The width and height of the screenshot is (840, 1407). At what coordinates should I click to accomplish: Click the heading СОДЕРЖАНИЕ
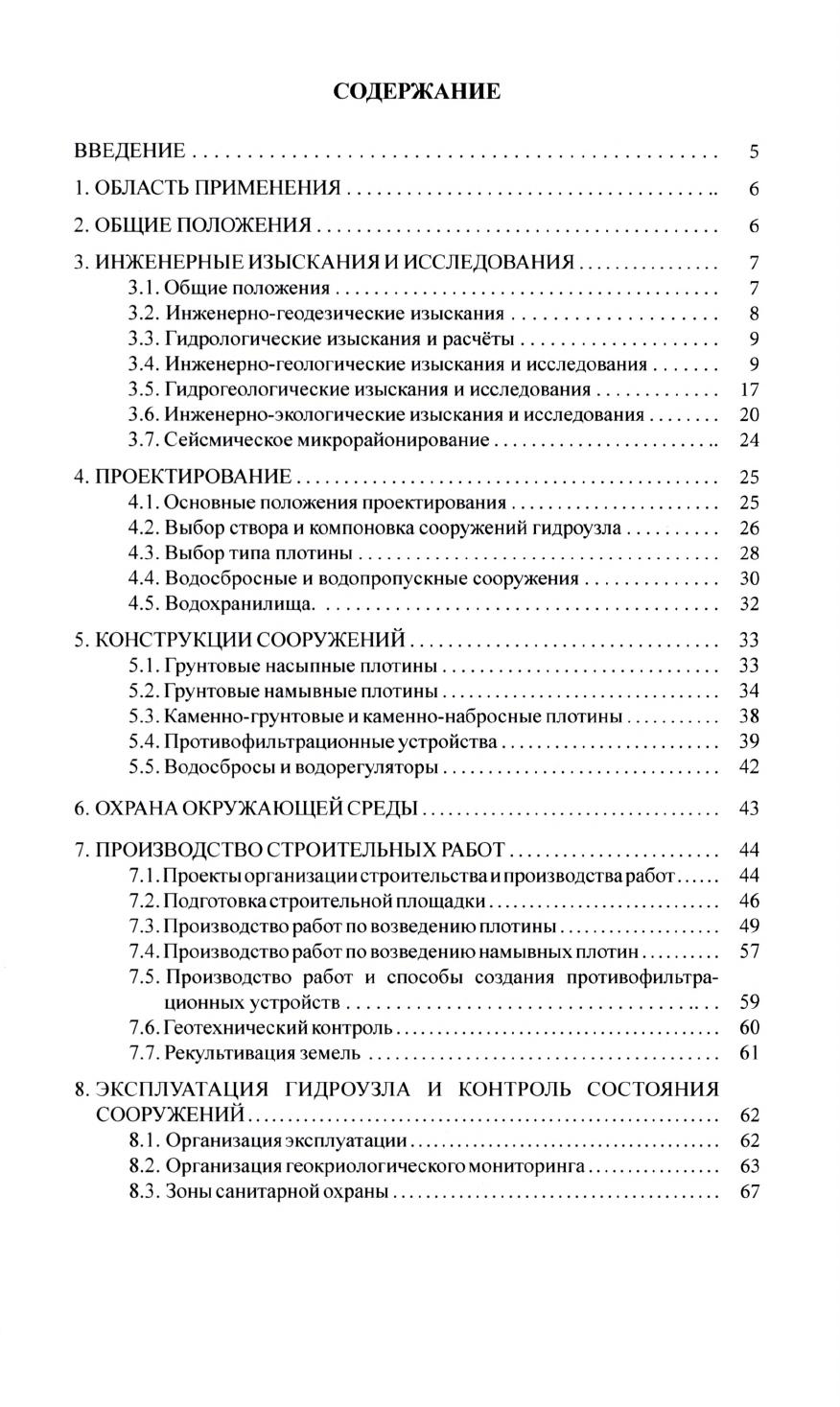point(416,92)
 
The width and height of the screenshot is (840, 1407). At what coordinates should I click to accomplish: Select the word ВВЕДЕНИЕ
point(130,152)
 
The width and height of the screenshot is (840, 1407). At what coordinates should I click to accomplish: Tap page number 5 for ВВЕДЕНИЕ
point(754,152)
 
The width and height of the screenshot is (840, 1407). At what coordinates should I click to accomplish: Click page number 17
point(750,389)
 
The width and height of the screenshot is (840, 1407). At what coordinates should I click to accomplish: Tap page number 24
point(750,440)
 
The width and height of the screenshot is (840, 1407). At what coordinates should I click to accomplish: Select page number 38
point(750,716)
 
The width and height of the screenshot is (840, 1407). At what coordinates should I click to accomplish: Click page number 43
point(750,809)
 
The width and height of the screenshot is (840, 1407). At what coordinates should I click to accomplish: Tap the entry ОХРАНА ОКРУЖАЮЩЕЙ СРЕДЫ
point(256,809)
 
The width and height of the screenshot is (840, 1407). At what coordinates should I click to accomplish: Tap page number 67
point(750,1192)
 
